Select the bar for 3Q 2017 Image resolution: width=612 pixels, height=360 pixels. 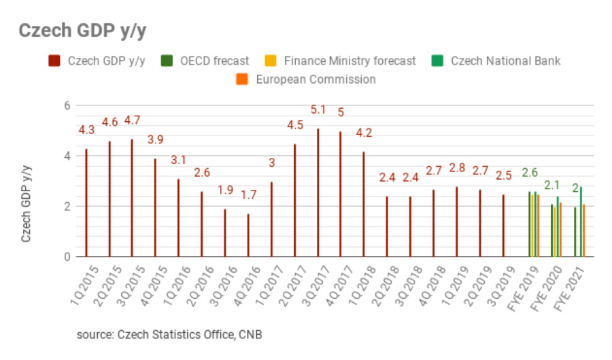318,193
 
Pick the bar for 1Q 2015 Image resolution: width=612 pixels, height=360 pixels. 86,203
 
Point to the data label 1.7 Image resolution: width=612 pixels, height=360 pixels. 249,195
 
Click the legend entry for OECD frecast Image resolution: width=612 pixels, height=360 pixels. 206,61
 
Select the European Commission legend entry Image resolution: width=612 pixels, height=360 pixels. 306,79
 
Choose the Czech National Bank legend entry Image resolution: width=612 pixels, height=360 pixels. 496,61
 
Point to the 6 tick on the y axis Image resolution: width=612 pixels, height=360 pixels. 67,105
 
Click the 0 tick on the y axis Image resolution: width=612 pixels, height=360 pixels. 67,257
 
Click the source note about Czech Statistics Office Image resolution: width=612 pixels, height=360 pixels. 169,334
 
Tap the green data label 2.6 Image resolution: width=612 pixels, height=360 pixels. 530,172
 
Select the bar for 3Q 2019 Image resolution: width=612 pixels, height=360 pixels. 504,225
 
